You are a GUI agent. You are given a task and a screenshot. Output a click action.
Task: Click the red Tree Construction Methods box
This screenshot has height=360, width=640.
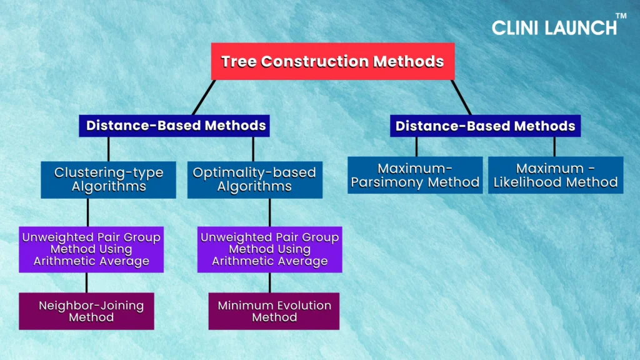332,61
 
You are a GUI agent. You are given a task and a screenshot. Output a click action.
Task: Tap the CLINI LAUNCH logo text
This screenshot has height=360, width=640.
554,27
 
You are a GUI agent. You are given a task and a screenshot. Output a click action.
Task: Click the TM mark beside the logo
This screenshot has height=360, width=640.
621,16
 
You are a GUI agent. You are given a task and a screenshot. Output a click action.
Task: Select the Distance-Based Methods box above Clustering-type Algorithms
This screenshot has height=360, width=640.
174,126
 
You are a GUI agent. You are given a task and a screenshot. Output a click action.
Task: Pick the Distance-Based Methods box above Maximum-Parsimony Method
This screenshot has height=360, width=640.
485,126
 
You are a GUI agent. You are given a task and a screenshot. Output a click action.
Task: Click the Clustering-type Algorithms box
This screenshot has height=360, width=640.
109,179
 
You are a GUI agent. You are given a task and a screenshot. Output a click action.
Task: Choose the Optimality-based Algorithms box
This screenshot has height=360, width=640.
255,179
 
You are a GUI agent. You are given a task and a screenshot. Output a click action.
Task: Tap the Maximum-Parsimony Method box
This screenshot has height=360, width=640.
415,175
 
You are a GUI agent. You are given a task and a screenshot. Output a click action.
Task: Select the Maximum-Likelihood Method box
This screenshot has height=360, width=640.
556,175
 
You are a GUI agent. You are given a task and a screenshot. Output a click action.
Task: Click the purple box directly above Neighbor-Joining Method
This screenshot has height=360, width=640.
91,249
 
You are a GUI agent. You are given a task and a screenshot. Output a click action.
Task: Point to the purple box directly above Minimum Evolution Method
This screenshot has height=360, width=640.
270,249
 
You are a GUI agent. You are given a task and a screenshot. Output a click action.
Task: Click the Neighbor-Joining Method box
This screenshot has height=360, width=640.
86,311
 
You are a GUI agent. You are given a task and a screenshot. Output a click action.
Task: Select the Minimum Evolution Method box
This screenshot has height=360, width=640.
274,311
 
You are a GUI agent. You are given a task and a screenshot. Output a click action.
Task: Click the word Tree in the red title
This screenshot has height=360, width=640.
238,62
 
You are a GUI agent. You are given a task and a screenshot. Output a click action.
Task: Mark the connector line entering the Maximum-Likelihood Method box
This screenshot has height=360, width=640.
554,147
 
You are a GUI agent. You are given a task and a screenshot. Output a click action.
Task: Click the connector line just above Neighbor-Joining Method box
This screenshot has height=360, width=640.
86,282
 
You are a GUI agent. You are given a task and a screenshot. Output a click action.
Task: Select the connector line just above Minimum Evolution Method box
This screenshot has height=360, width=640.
270,282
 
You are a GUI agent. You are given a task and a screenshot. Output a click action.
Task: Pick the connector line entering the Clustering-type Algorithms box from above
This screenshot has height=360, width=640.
109,149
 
